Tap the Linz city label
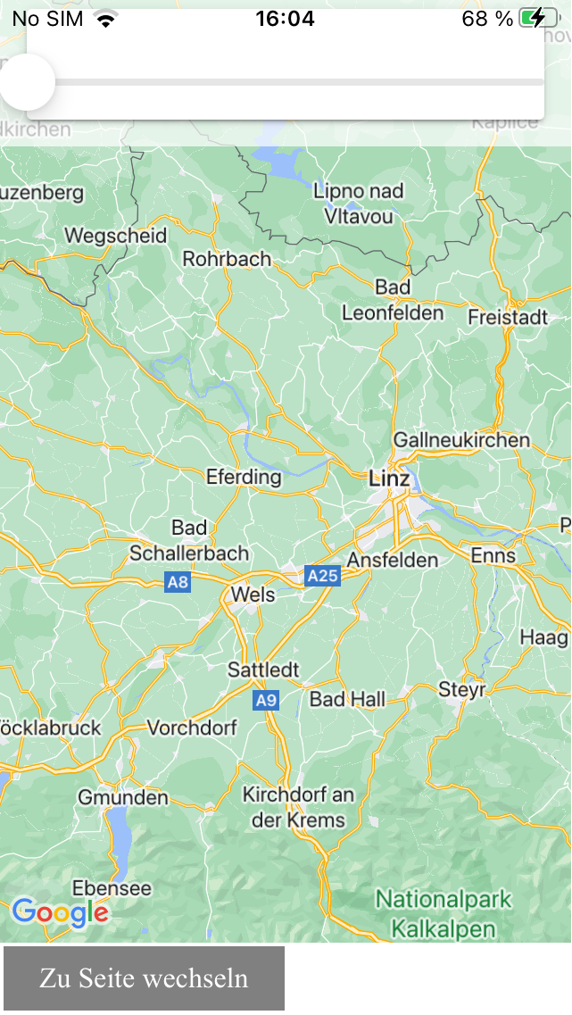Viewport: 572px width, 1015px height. (389, 479)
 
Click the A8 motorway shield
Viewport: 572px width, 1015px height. (178, 583)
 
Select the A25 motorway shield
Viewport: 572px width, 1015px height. (322, 576)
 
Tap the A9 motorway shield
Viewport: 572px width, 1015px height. (266, 701)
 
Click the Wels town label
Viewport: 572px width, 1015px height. (253, 595)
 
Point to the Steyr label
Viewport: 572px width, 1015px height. (461, 690)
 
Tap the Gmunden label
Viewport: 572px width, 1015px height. (123, 797)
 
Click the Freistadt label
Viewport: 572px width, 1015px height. (508, 317)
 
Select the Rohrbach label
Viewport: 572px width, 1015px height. (227, 259)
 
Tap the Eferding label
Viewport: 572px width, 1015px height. (244, 477)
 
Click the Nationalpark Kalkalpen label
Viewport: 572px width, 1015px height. (444, 913)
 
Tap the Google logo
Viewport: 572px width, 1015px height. (60, 912)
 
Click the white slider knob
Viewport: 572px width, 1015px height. (27, 82)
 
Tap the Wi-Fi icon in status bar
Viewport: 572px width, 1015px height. (106, 19)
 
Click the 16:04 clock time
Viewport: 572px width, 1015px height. (285, 19)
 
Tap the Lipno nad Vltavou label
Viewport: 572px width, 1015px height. (359, 203)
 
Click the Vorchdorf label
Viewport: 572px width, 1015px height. (192, 728)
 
